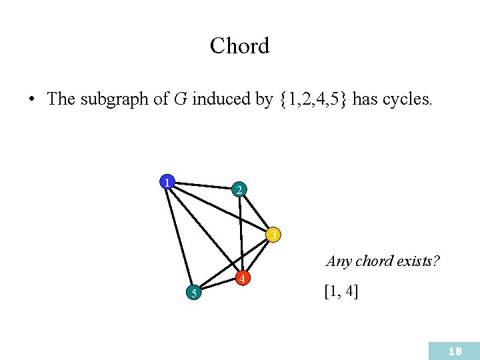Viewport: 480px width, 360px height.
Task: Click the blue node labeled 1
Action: (167, 181)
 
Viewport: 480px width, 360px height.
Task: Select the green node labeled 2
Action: (240, 190)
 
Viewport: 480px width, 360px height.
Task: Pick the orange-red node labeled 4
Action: (243, 278)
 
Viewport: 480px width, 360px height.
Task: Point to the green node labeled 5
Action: (192, 292)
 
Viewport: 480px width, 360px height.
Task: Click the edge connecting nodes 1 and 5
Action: (179, 236)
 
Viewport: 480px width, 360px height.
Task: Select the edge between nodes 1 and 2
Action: (203, 185)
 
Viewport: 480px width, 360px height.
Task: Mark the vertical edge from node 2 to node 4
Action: (241, 233)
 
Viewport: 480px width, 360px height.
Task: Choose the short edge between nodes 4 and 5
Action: (218, 285)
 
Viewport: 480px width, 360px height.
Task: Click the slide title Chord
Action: (239, 46)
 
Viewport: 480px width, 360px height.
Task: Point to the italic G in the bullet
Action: (180, 100)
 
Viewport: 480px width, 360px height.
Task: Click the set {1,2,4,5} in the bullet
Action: (313, 100)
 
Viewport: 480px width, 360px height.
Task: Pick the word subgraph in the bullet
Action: (111, 100)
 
